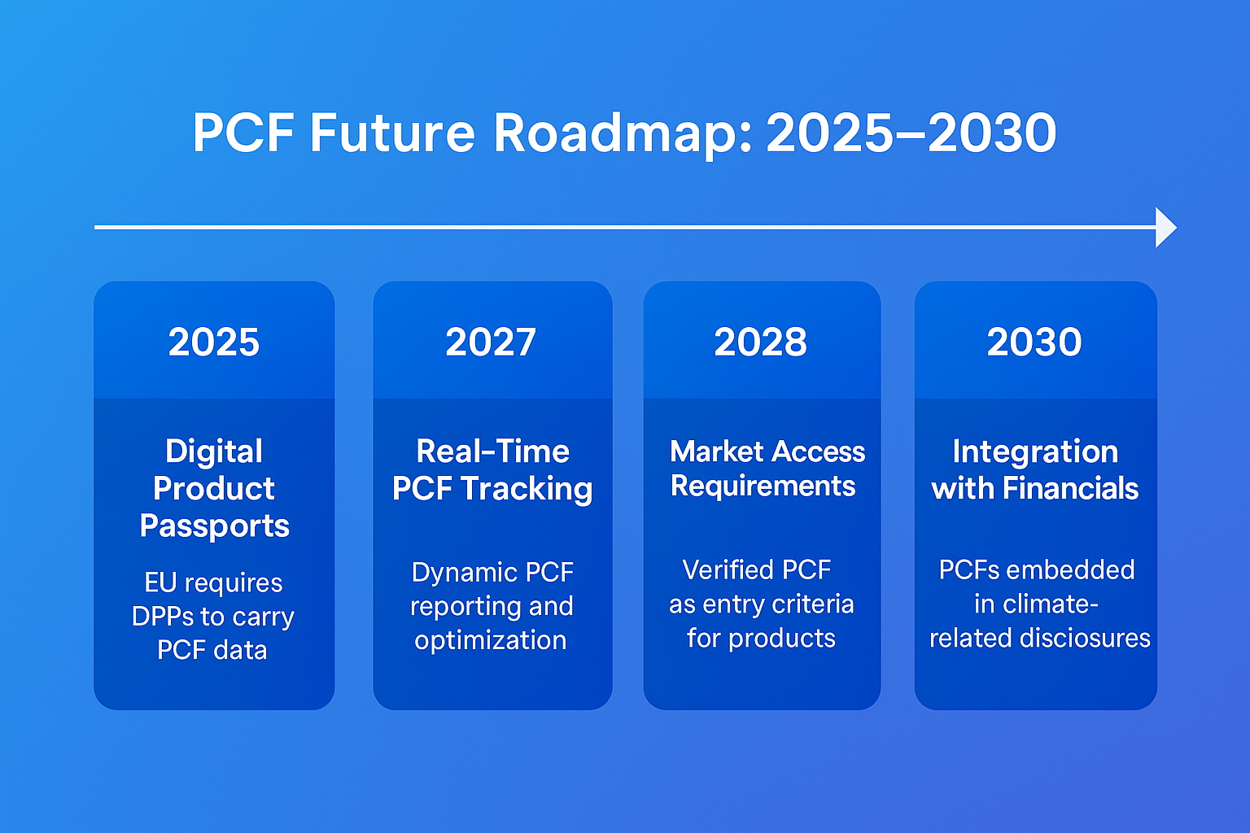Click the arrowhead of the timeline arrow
[1165, 227]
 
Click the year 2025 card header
[214, 342]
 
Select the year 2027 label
[491, 342]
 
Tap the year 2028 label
[761, 342]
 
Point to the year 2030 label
[1034, 342]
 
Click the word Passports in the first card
[214, 526]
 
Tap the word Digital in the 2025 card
[214, 451]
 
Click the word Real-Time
[492, 451]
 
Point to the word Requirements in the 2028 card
[763, 486]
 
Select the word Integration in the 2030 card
[1035, 451]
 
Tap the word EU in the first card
[160, 582]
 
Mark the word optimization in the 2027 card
[490, 640]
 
